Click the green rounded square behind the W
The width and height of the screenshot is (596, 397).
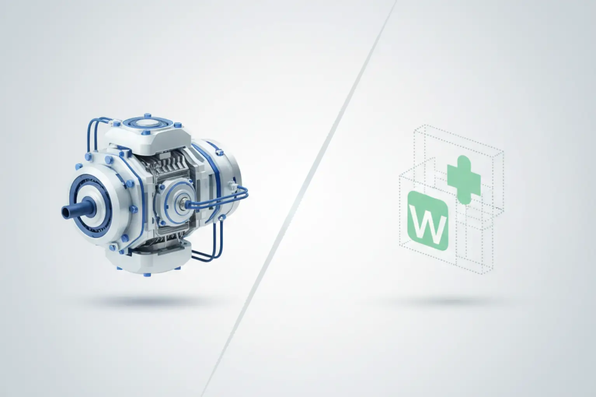coord(428,221)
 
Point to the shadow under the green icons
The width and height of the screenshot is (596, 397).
coord(450,302)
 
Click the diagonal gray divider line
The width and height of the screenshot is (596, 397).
coord(298,198)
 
